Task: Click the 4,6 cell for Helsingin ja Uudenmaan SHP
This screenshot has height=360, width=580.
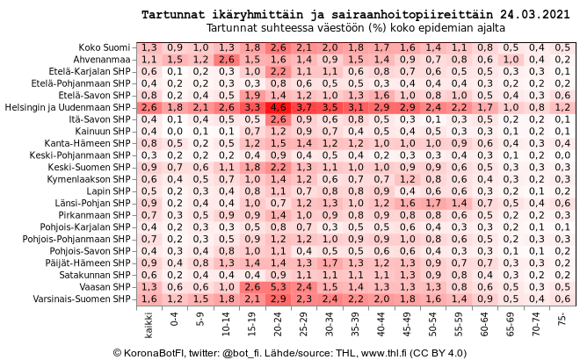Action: click(279, 106)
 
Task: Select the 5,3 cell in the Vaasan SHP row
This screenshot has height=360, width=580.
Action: click(279, 287)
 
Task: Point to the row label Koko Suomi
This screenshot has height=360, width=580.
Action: click(104, 47)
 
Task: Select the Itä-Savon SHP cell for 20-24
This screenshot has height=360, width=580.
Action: click(279, 119)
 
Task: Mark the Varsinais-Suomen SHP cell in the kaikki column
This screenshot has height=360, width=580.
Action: click(149, 299)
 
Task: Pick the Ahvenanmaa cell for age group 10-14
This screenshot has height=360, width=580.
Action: click(228, 59)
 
